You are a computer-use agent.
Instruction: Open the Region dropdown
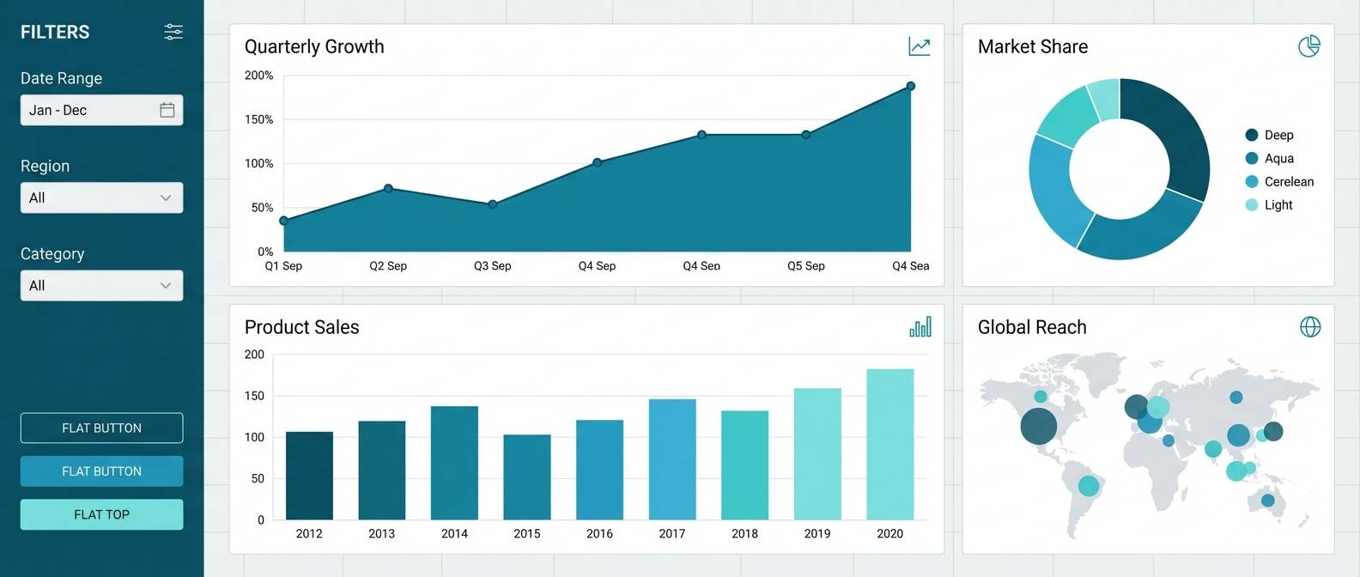[101, 197]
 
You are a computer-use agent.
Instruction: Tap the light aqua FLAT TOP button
[101, 514]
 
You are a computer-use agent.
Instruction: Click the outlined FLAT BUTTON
[101, 428]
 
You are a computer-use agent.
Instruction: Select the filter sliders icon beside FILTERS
[173, 32]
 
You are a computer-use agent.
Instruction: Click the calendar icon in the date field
[167, 110]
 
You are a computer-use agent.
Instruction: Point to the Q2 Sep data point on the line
[388, 188]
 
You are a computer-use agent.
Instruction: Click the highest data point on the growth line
[911, 86]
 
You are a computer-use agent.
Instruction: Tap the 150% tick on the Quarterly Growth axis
[258, 119]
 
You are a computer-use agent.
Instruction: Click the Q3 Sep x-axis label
[492, 266]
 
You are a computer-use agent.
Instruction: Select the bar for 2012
[309, 476]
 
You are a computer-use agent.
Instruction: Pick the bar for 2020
[890, 444]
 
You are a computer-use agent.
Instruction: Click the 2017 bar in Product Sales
[672, 459]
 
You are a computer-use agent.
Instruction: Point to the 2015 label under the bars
[527, 534]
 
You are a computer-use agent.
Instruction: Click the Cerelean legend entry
[1288, 181]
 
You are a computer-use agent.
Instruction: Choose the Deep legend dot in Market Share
[1252, 135]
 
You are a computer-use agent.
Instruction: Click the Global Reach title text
[1032, 327]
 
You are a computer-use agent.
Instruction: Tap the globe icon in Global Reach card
[1310, 327]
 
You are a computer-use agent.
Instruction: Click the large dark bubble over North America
[1039, 426]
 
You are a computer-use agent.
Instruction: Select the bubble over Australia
[1268, 501]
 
